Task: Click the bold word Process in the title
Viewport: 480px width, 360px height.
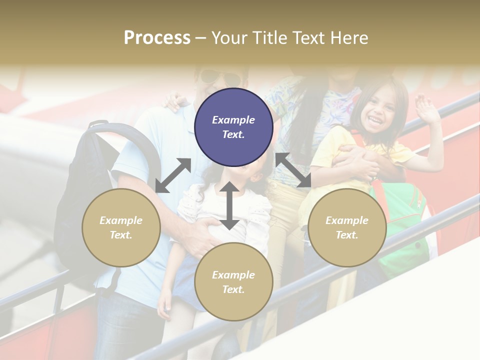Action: tap(157, 38)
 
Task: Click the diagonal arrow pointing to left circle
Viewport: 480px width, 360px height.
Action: tap(173, 175)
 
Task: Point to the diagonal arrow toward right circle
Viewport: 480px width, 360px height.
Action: tap(293, 170)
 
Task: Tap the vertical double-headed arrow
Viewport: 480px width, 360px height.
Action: tap(229, 205)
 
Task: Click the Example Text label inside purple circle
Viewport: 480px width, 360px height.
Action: tap(233, 127)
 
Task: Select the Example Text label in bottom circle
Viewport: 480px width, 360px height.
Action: tap(233, 282)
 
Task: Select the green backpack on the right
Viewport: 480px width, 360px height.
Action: tap(405, 225)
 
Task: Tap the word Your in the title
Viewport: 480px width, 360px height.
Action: tap(232, 38)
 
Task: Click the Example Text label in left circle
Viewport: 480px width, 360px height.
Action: tap(121, 227)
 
